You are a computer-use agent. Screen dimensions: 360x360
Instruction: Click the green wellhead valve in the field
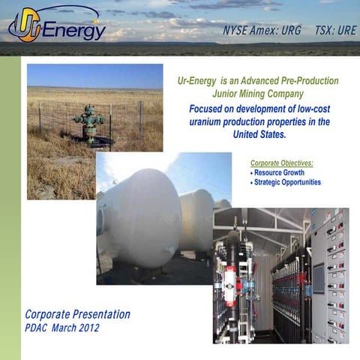[x=89, y=122]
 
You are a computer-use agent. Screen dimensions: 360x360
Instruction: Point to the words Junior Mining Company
[x=257, y=94]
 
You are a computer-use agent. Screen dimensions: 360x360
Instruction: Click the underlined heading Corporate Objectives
[x=281, y=163]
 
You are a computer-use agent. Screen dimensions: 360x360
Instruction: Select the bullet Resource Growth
[x=278, y=172]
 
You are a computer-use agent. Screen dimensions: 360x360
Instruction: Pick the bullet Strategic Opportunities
[x=286, y=182]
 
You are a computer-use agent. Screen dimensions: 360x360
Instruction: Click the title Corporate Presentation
[x=77, y=314]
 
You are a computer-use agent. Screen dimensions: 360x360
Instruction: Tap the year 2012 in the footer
[x=86, y=328]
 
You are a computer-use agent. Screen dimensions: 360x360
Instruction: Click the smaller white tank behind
[x=196, y=217]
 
